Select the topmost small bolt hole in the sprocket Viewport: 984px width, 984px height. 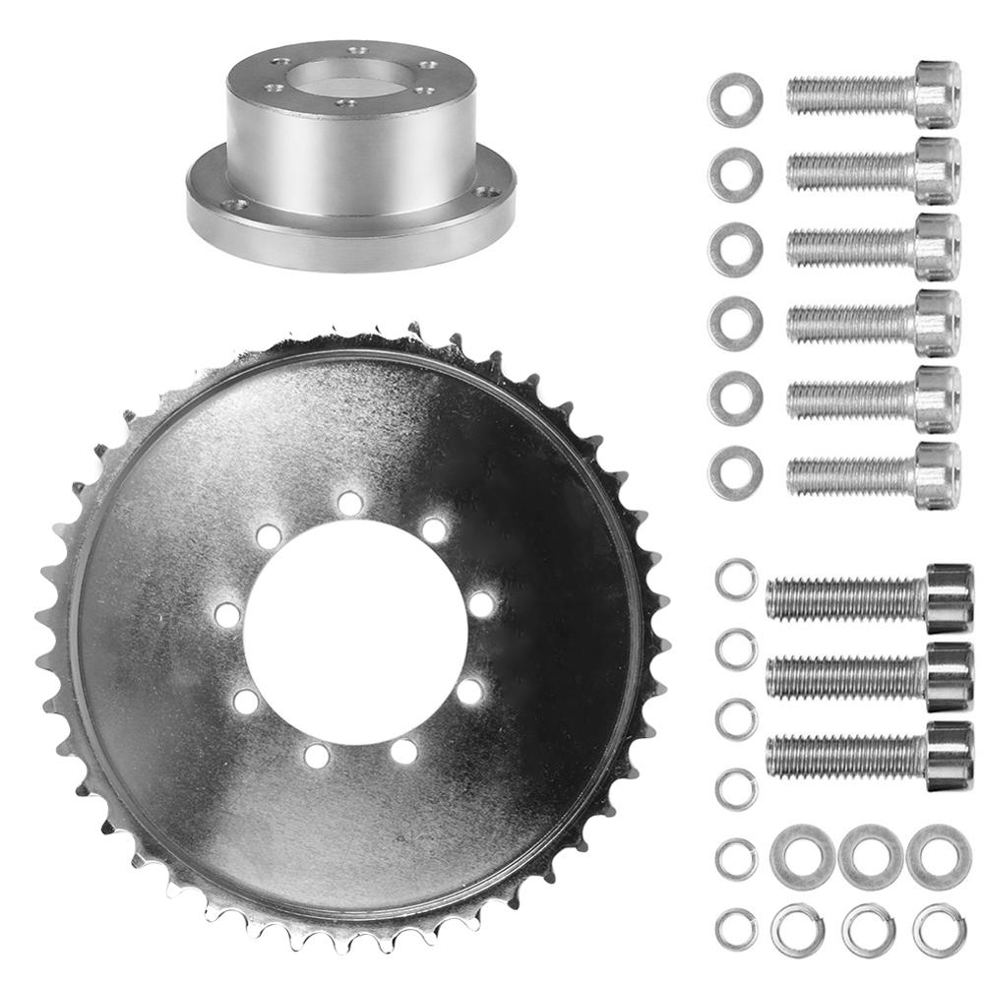[x=349, y=503]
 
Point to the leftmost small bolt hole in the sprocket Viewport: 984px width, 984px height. [x=226, y=616]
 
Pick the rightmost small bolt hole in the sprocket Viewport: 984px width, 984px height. [x=480, y=603]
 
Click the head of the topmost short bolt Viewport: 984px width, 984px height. [x=937, y=93]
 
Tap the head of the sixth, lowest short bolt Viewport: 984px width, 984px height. [x=937, y=475]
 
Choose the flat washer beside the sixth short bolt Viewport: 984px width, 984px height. [x=735, y=472]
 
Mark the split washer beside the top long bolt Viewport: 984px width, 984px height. [x=735, y=579]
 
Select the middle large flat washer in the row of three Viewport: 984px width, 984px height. [x=870, y=856]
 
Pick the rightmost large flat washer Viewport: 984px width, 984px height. [x=937, y=856]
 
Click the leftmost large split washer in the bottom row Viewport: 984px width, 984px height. [x=798, y=928]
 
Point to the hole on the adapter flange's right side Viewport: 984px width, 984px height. [x=483, y=194]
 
